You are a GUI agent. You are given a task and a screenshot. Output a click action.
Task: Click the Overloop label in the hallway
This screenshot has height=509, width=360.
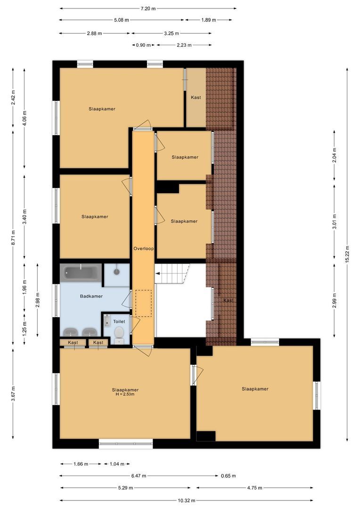coord(144,248)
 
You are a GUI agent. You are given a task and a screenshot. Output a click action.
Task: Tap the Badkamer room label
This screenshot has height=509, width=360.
coord(91,296)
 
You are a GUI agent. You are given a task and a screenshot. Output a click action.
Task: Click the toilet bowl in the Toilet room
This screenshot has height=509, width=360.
coord(119,333)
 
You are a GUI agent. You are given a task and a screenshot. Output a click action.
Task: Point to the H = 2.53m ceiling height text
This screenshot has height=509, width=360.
coord(125,394)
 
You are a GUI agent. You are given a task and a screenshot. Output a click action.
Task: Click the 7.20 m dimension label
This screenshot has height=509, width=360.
coord(148,8)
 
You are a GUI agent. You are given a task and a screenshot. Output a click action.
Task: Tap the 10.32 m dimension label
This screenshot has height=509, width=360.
coord(187,501)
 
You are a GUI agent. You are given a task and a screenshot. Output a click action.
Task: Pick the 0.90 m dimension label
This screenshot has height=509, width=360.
coord(143,45)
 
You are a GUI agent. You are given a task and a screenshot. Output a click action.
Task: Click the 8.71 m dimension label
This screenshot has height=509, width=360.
coord(14,237)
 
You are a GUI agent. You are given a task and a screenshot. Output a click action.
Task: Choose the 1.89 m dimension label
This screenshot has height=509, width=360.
coord(208,20)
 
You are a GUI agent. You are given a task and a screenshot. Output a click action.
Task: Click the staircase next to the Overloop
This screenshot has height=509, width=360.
coord(172,273)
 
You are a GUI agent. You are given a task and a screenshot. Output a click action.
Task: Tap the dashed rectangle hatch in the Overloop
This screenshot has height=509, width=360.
coord(144,303)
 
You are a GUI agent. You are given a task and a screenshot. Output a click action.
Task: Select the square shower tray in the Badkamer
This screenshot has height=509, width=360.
coord(116,272)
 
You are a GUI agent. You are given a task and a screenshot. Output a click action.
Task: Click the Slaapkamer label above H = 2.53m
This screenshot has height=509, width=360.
coord(125,390)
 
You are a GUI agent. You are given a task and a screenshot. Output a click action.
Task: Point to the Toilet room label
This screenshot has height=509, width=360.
coord(119,321)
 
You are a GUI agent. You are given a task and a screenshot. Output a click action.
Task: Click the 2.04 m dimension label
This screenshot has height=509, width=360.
coord(335,155)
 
